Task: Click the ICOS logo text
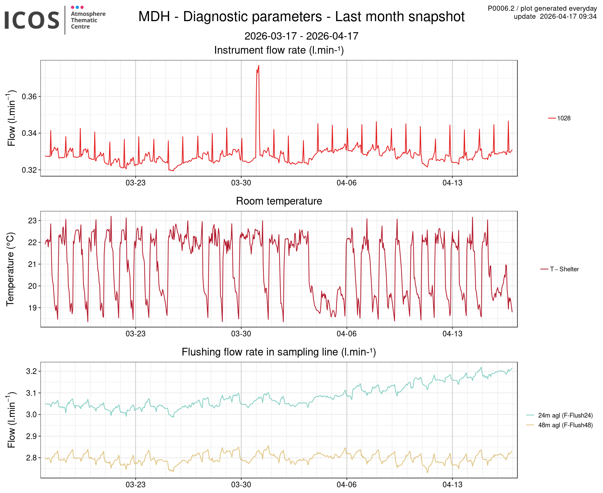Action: click(32, 20)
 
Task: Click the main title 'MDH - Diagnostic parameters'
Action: click(301, 17)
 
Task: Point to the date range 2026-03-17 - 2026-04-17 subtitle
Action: click(301, 36)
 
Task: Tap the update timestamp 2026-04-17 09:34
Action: click(555, 16)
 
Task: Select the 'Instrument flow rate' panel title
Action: click(279, 50)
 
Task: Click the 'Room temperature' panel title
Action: click(279, 201)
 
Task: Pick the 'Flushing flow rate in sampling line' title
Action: click(279, 352)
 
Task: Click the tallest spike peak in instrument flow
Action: click(259, 66)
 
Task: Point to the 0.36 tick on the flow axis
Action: click(29, 97)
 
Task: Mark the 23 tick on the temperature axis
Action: click(32, 221)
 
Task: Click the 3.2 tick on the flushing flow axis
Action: click(31, 371)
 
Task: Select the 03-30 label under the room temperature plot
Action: click(241, 334)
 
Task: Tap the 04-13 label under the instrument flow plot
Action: click(452, 183)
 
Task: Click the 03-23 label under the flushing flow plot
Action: click(135, 485)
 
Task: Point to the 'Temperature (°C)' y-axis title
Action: click(10, 269)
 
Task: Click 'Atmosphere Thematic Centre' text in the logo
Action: click(88, 20)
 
